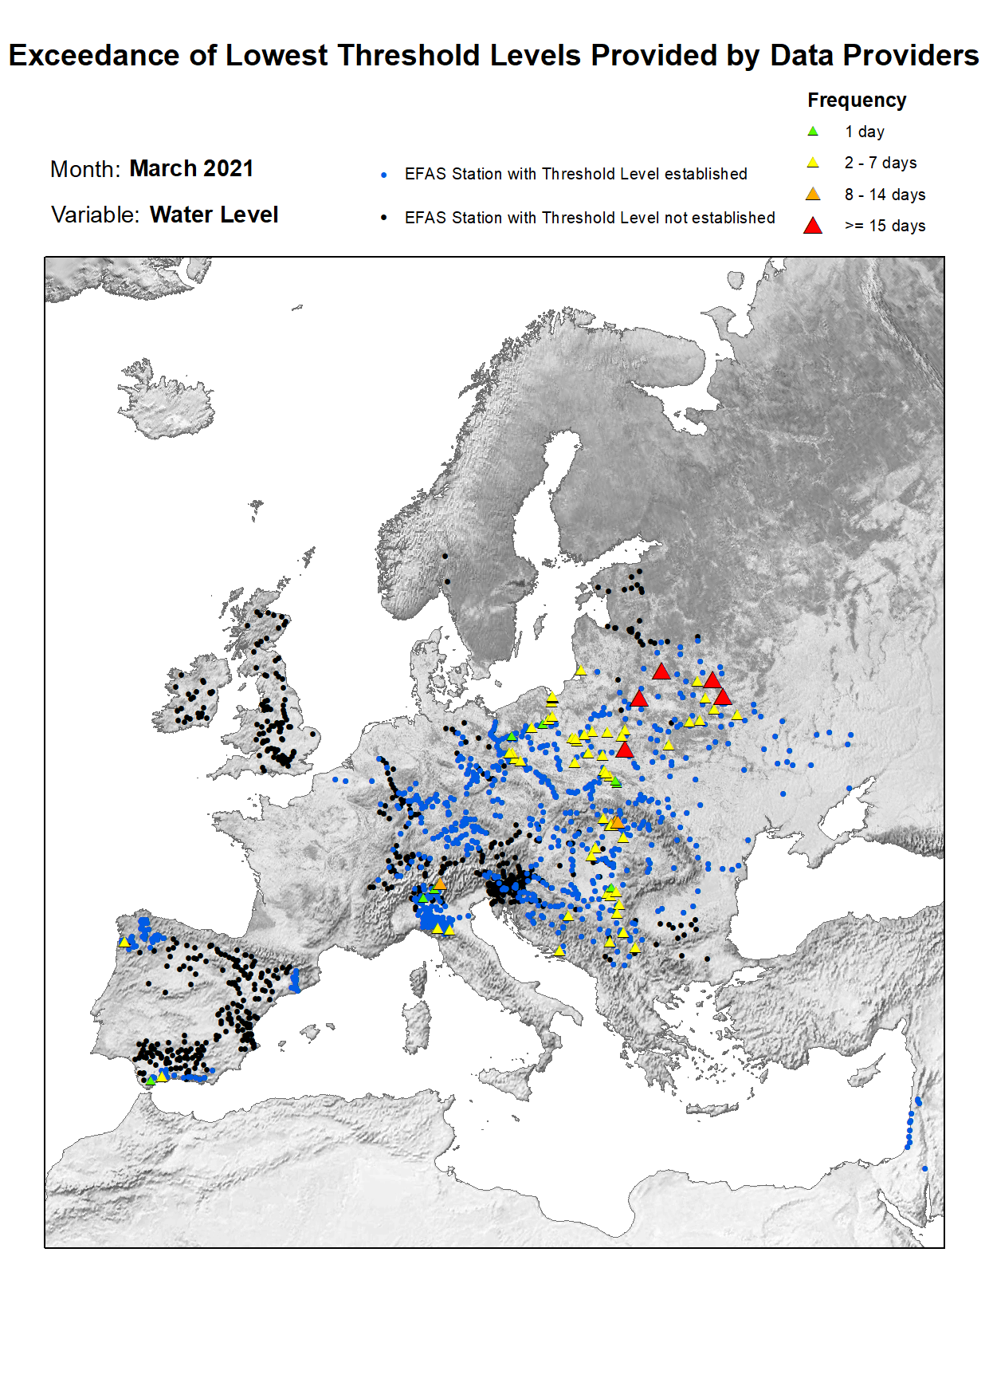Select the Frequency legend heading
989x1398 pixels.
(857, 100)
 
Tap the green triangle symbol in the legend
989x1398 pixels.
(813, 132)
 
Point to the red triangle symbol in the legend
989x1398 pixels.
(813, 226)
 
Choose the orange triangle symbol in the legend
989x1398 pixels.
(813, 195)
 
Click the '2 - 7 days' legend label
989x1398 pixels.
(881, 163)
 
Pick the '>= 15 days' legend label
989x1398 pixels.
(885, 226)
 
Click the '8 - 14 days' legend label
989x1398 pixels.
(885, 195)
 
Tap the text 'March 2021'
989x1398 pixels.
(191, 169)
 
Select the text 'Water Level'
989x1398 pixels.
(214, 215)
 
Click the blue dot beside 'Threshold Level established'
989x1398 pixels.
(384, 175)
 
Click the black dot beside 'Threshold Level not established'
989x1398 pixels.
(384, 218)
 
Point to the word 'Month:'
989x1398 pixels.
(85, 170)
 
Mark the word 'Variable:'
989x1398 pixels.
(95, 215)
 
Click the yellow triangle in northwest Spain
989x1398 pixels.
(124, 942)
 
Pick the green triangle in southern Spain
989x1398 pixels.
(151, 1080)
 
